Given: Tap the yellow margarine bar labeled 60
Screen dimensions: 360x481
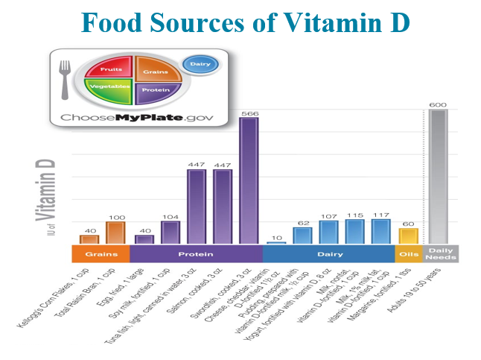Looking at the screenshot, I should (x=408, y=236).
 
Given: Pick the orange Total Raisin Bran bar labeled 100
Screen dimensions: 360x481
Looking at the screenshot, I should (x=115, y=232).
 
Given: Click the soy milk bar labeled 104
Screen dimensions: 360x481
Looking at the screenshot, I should (x=171, y=232).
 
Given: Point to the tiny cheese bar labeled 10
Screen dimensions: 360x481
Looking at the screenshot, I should (x=275, y=242).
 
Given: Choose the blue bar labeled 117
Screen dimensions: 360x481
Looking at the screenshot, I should (x=381, y=231).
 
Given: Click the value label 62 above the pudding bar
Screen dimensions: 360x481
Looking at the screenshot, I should (x=302, y=222).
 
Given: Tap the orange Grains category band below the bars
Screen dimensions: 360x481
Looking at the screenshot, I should (x=99, y=253).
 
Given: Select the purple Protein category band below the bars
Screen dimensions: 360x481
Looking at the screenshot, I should (x=196, y=253).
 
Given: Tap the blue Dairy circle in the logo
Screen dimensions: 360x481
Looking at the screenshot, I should (x=197, y=66).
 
